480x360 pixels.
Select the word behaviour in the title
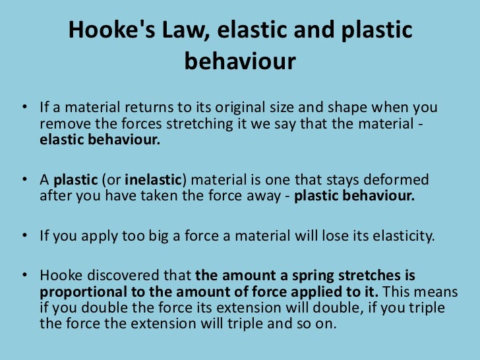240,62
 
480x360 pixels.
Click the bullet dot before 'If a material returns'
24,108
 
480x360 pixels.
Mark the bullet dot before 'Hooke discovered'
24,276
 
